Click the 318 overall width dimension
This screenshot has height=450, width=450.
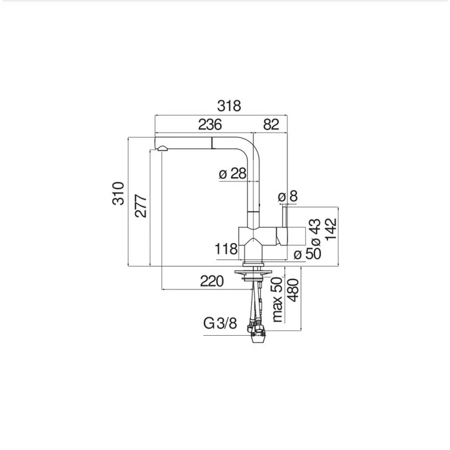[x=229, y=106]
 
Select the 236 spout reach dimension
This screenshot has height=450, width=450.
[x=210, y=125]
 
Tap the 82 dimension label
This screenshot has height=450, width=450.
[x=271, y=125]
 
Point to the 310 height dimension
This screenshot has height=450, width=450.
[x=118, y=193]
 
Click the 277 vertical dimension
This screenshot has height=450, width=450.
[x=141, y=206]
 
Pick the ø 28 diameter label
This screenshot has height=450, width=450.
[x=233, y=173]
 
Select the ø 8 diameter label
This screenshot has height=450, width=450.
[x=288, y=196]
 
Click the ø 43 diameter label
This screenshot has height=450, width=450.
[x=316, y=233]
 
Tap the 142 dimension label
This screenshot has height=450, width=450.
[x=330, y=229]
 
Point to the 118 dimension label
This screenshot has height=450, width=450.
[x=226, y=249]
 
